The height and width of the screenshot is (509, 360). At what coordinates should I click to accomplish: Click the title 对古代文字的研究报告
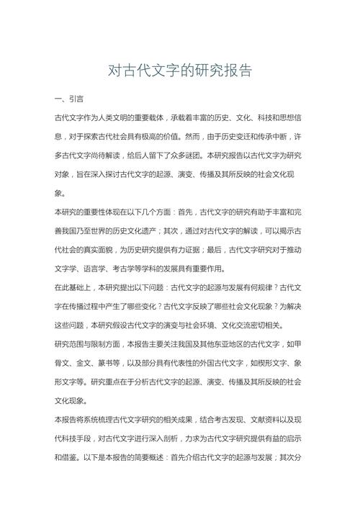pos(180,71)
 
